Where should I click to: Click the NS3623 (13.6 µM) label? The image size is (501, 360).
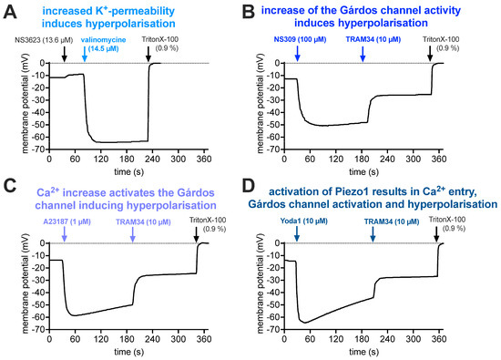(36, 41)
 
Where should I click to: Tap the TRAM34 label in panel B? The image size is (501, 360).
(363, 41)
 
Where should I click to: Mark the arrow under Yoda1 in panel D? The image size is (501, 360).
(296, 236)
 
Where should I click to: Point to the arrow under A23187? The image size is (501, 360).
(64, 236)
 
